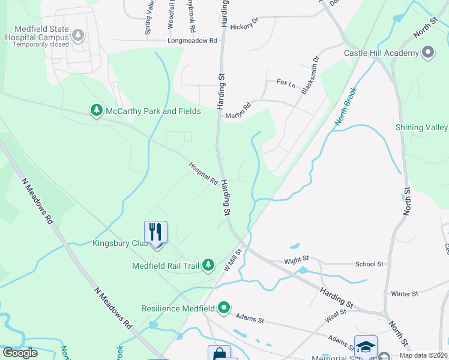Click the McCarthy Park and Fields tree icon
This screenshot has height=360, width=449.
pyautogui.click(x=96, y=111)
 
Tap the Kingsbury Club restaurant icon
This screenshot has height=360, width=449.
pyautogui.click(x=155, y=232)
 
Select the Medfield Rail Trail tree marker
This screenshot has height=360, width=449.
pyautogui.click(x=208, y=265)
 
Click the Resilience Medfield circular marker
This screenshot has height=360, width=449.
pyautogui.click(x=224, y=308)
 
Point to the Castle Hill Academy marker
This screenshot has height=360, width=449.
pyautogui.click(x=427, y=53)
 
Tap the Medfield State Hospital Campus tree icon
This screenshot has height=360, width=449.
pyautogui.click(x=77, y=36)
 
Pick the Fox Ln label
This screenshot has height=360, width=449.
pyautogui.click(x=286, y=83)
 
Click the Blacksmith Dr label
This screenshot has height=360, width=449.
pyautogui.click(x=311, y=76)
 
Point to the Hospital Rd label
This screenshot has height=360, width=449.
pyautogui.click(x=203, y=173)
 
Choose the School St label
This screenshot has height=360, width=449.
pyautogui.click(x=369, y=264)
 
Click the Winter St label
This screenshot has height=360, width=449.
pyautogui.click(x=404, y=294)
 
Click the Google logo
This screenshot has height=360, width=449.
pyautogui.click(x=20, y=353)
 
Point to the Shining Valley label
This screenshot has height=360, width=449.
pyautogui.click(x=421, y=127)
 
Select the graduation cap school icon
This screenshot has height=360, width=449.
pyautogui.click(x=366, y=346)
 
